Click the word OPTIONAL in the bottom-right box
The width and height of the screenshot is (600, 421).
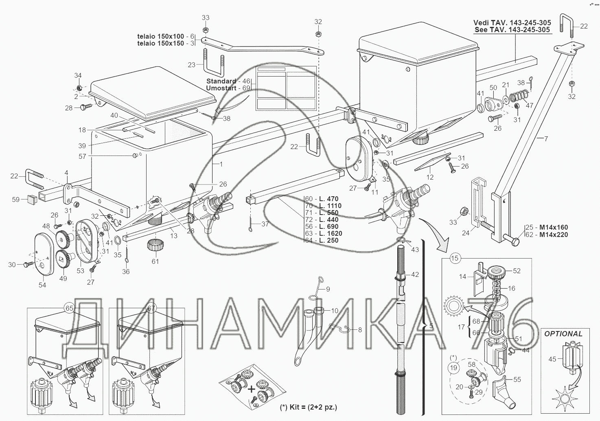click(x=563, y=333)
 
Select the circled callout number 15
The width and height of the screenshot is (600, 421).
click(x=455, y=258)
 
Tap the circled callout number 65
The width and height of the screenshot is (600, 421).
click(x=69, y=308)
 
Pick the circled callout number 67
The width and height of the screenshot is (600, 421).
click(x=151, y=308)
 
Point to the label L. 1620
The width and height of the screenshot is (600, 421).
click(x=330, y=233)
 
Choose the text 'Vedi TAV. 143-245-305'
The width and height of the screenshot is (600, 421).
click(x=512, y=23)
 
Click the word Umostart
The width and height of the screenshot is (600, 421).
click(x=221, y=88)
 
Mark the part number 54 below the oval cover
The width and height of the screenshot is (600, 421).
click(x=42, y=285)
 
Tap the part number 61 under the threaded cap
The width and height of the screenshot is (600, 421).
click(x=155, y=261)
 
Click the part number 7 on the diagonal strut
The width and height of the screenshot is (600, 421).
click(x=546, y=139)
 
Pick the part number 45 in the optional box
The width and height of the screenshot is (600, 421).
click(x=552, y=359)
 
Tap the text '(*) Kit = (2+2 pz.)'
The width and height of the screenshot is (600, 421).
click(x=308, y=407)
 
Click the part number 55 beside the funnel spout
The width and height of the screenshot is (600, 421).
click(x=517, y=379)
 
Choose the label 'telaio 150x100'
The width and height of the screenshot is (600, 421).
click(x=160, y=36)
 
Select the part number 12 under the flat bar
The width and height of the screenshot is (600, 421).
click(x=430, y=177)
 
